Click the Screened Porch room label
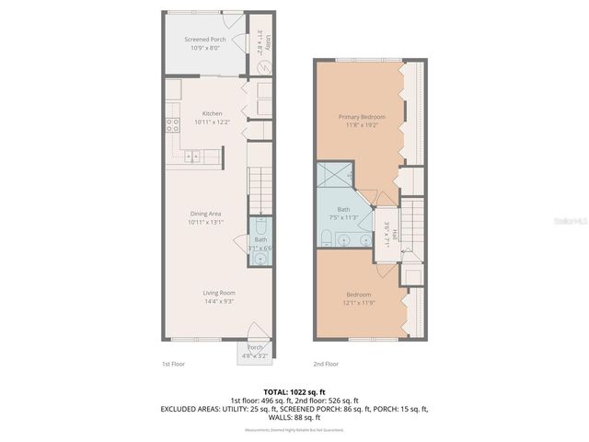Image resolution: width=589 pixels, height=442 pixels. point(206,40)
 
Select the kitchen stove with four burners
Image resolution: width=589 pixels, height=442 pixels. point(172,126)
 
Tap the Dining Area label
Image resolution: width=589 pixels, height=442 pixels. point(204,213)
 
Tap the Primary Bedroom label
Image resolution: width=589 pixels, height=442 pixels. point(361,117)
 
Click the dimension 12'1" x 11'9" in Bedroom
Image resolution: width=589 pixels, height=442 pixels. point(360,302)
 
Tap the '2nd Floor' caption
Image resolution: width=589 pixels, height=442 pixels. point(326,364)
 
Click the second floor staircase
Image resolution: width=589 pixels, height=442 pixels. point(413,226)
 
